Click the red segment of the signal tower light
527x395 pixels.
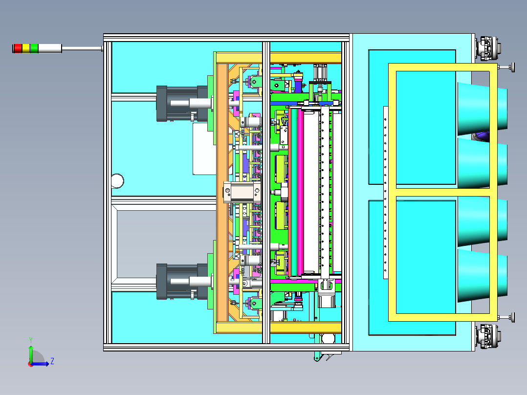(18, 48)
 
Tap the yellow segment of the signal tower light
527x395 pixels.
(26, 48)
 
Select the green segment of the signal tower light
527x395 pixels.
(34, 48)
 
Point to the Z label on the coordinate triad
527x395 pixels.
(52, 361)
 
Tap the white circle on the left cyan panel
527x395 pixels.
(117, 181)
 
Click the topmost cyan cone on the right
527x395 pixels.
(482, 109)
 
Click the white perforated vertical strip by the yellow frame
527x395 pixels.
(386, 192)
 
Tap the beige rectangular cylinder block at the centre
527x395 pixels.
(242, 192)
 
